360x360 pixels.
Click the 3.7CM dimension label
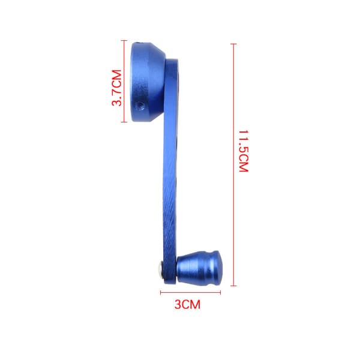116,88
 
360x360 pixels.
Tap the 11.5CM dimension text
244,151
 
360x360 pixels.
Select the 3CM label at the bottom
187,304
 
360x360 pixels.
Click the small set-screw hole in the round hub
139,106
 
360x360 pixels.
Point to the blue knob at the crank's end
199,267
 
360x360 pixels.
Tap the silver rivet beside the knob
160,269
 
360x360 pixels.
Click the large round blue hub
148,82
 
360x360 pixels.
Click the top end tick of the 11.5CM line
233,44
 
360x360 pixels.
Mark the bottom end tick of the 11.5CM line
233,286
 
